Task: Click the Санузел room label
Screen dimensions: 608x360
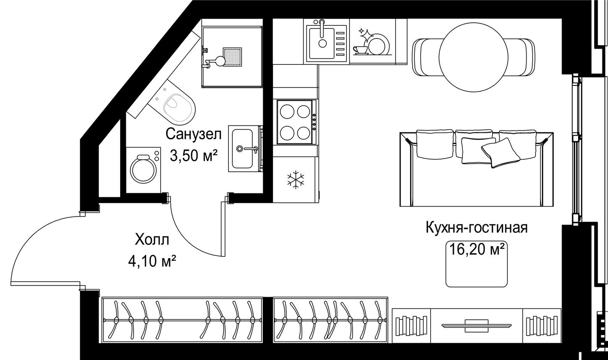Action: pyautogui.click(x=194, y=134)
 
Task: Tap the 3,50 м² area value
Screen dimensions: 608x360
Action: pyautogui.click(x=194, y=155)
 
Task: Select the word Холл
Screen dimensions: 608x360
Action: pyautogui.click(x=152, y=240)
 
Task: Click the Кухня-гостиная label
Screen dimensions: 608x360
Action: pyautogui.click(x=477, y=228)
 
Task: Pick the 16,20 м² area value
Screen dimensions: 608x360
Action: pyautogui.click(x=477, y=249)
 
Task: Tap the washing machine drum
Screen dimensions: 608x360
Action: pyautogui.click(x=143, y=169)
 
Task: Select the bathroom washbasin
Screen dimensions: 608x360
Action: pyautogui.click(x=243, y=149)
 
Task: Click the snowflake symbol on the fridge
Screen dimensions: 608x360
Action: pyautogui.click(x=295, y=180)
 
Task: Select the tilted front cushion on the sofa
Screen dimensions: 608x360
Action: pyautogui.click(x=500, y=153)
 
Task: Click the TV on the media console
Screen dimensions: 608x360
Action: pyautogui.click(x=477, y=326)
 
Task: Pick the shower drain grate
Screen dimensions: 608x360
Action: pyautogui.click(x=232, y=57)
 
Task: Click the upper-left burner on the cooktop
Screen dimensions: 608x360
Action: pyautogui.click(x=287, y=112)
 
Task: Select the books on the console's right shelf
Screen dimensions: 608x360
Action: pyautogui.click(x=542, y=326)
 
